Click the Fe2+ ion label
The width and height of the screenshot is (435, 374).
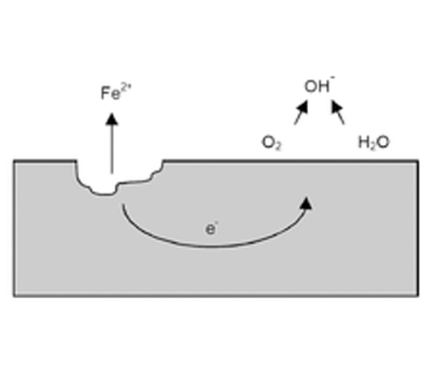click(116, 92)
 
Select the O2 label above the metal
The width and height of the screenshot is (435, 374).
click(272, 143)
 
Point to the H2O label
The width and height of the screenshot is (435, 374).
click(374, 142)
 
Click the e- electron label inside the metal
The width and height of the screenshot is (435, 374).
click(211, 228)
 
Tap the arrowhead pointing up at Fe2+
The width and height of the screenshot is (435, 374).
click(112, 118)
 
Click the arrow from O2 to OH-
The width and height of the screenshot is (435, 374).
click(301, 112)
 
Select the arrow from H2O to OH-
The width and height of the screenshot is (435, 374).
click(338, 112)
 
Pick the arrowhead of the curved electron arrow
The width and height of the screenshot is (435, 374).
click(306, 204)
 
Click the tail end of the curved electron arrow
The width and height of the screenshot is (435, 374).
click(123, 204)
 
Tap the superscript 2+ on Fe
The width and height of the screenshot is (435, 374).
click(126, 88)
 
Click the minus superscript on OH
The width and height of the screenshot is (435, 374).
click(333, 78)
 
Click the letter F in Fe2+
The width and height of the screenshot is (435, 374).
click(105, 93)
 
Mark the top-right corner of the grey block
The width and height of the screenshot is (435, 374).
click(418, 161)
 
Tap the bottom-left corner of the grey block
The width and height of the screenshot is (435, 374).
click(14, 296)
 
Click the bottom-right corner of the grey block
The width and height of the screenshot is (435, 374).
click(418, 296)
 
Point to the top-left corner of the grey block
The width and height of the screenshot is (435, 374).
click(14, 161)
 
